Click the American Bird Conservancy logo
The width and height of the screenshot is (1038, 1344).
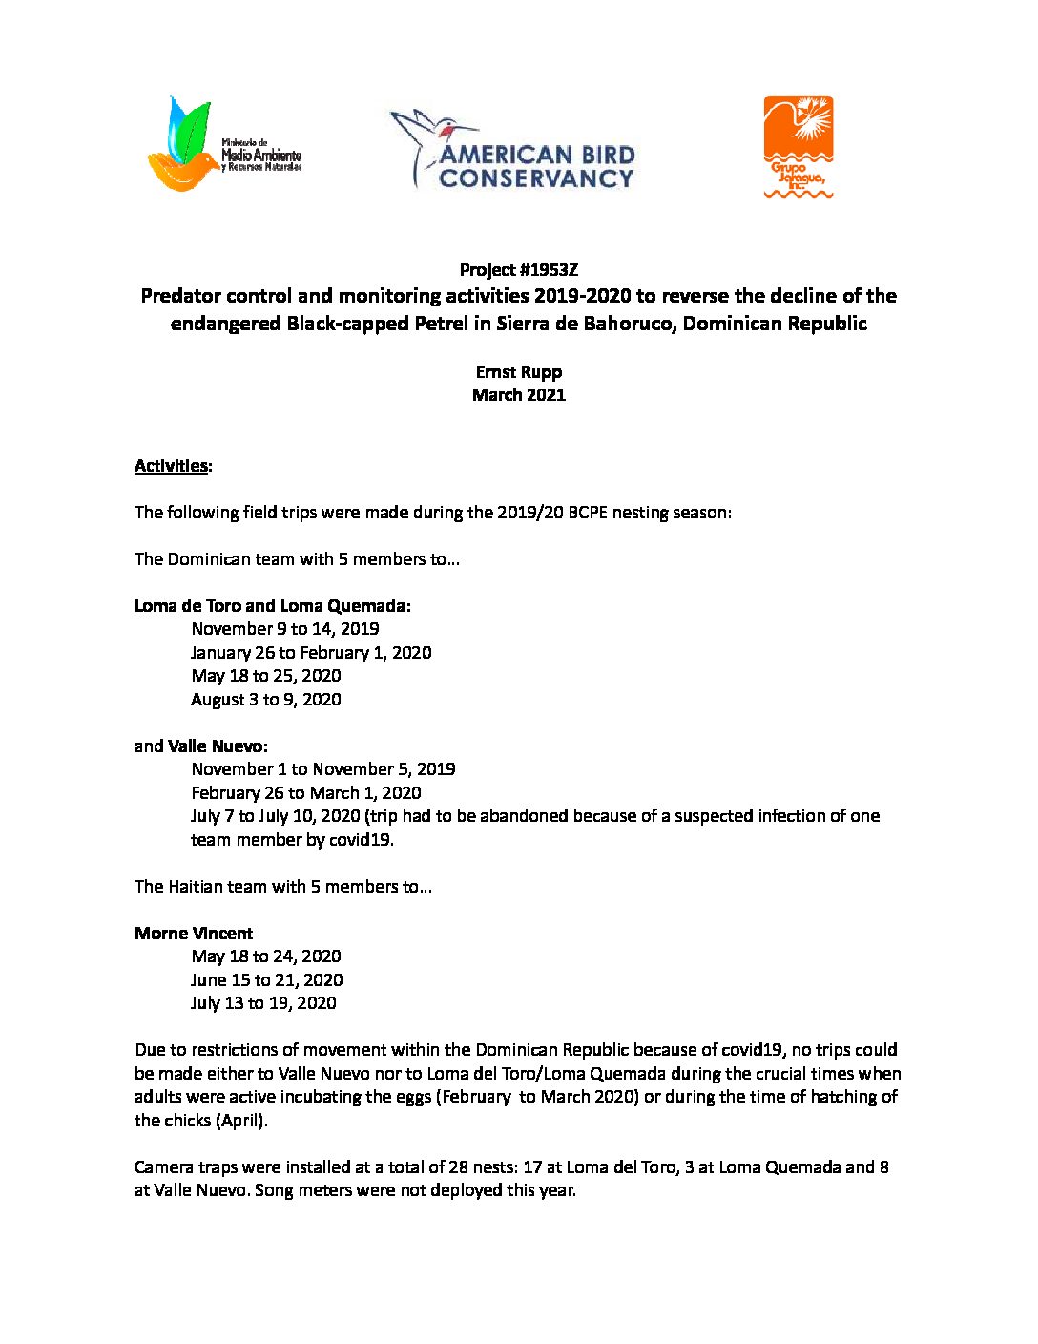pyautogui.click(x=513, y=149)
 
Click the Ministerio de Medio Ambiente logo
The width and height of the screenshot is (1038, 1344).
pyautogui.click(x=225, y=145)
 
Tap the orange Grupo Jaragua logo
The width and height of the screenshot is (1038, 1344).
pyautogui.click(x=799, y=146)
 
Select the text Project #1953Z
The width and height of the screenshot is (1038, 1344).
pyautogui.click(x=518, y=270)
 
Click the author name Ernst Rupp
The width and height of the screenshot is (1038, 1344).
pyautogui.click(x=518, y=372)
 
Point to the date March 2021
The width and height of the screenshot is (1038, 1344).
pyautogui.click(x=518, y=395)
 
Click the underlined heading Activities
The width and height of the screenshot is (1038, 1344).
pyautogui.click(x=172, y=466)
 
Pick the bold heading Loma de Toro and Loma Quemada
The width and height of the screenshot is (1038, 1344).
pyautogui.click(x=272, y=606)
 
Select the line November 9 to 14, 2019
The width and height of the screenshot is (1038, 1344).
pyautogui.click(x=284, y=629)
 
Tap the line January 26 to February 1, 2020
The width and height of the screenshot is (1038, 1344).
pyautogui.click(x=310, y=653)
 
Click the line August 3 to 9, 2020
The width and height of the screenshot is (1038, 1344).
pyautogui.click(x=265, y=700)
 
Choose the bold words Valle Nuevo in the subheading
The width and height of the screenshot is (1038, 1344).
pyautogui.click(x=217, y=746)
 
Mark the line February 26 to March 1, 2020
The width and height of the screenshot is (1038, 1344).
pyautogui.click(x=305, y=793)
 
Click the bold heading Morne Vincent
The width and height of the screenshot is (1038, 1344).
pyautogui.click(x=194, y=934)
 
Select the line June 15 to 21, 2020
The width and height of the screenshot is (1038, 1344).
pyautogui.click(x=266, y=980)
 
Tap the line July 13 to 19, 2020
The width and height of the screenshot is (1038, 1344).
pyautogui.click(x=263, y=1003)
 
